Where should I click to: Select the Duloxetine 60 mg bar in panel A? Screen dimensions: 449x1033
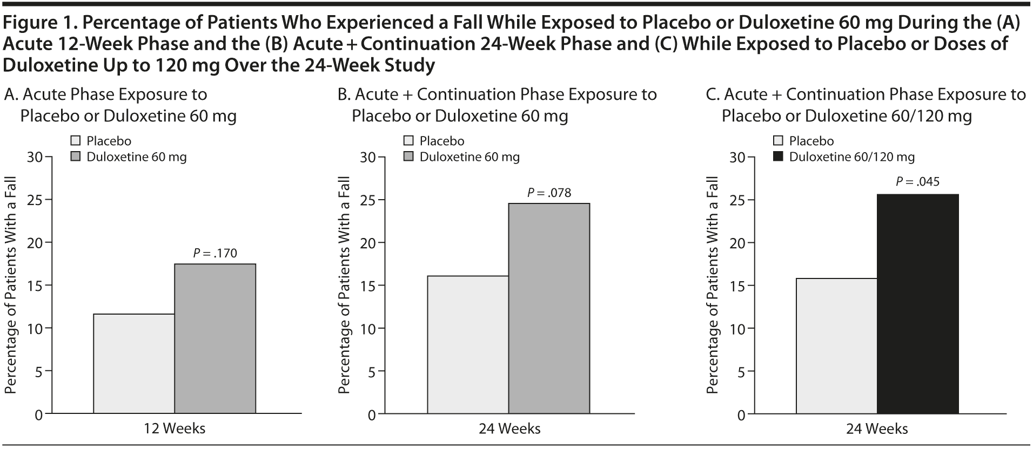(215, 338)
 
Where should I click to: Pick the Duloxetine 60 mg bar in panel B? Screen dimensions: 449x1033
(549, 308)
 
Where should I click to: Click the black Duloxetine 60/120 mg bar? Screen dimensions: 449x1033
(917, 303)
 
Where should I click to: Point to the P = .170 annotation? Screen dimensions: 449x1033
(215, 253)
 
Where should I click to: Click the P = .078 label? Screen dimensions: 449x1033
(549, 193)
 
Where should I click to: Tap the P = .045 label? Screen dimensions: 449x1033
(917, 182)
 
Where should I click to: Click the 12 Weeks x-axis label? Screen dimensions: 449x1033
(175, 428)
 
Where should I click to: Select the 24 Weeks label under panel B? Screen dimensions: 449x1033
(509, 428)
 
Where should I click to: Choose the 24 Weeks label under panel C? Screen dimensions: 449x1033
(877, 428)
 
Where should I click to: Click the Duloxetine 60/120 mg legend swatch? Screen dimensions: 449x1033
(779, 157)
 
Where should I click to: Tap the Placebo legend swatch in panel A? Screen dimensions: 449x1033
(76, 141)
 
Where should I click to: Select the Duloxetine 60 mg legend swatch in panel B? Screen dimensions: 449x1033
(409, 157)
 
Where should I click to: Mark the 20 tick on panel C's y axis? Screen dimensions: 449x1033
(737, 243)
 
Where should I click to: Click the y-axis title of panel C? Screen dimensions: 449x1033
(713, 285)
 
